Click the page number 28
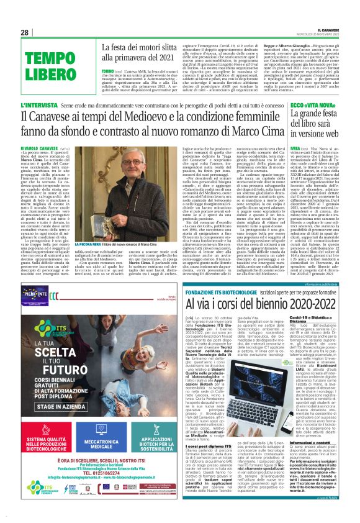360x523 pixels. [x=24, y=32]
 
